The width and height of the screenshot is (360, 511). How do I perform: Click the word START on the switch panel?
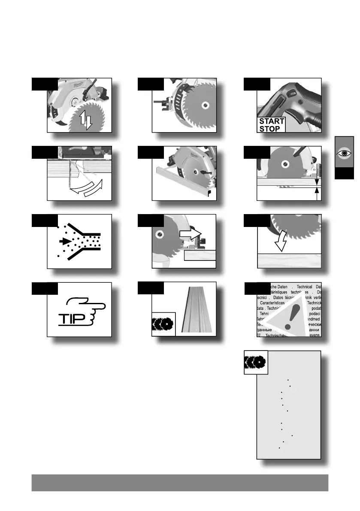tap(272, 121)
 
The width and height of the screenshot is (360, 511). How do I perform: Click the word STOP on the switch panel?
tap(269, 128)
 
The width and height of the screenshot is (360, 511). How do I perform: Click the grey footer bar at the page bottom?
tap(180, 483)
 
